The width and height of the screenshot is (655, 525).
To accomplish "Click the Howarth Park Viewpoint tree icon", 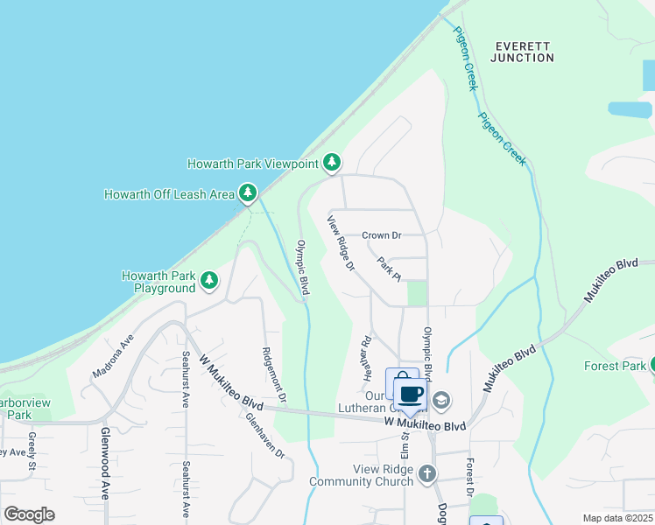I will (332, 163).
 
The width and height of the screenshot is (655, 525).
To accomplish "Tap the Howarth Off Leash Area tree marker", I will (248, 192).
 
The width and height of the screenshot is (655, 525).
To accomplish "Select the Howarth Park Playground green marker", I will (209, 280).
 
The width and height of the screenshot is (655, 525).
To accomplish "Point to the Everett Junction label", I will (525, 52).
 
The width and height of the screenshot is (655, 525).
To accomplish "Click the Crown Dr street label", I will (382, 235).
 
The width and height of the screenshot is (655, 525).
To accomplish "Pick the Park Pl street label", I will (389, 268).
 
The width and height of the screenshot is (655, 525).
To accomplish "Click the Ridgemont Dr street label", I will (271, 374).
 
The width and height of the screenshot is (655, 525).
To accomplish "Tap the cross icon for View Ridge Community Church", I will (426, 474).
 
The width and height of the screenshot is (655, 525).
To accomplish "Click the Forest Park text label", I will (615, 366).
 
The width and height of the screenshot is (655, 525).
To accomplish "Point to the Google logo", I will (30, 514).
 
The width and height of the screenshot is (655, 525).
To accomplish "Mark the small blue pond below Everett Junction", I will (630, 109).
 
